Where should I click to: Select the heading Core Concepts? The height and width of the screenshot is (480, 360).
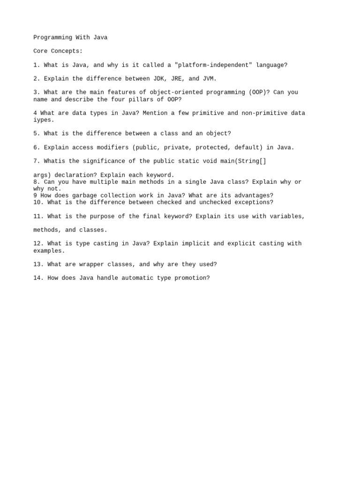[x=58, y=51]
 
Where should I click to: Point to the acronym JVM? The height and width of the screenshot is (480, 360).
[x=210, y=79]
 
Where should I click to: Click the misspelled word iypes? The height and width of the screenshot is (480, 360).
[x=42, y=120]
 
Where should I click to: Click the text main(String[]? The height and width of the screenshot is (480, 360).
[x=245, y=161]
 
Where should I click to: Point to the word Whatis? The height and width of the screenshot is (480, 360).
[x=54, y=161]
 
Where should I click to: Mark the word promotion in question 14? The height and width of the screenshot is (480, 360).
[x=192, y=278]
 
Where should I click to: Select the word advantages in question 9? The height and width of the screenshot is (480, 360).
[x=254, y=195]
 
